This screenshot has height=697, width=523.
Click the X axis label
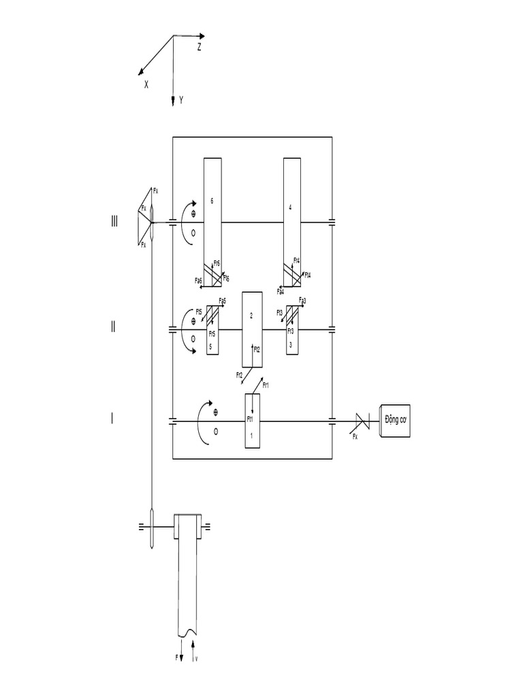(146, 85)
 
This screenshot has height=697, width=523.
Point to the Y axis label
(181, 100)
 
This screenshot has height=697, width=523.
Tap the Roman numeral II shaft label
(114, 327)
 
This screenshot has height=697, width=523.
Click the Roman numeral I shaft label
(113, 419)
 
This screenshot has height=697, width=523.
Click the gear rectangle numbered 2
(253, 329)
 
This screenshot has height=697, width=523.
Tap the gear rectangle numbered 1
(253, 421)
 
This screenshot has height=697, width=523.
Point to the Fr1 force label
(266, 385)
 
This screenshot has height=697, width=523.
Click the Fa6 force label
(198, 280)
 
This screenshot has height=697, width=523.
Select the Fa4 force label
(281, 291)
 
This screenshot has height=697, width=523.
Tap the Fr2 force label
(239, 375)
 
